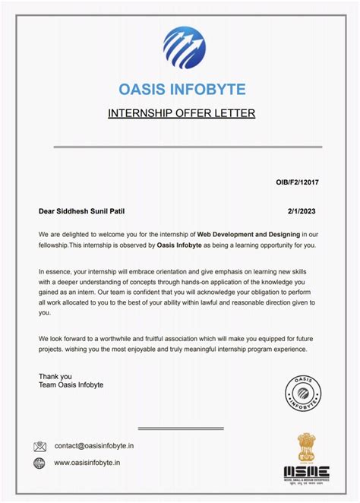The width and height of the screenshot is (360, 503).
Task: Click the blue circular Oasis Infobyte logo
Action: click(x=184, y=47)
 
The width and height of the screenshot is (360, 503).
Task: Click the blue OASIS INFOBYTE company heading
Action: click(x=182, y=90)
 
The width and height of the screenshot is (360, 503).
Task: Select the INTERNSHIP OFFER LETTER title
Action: click(x=182, y=114)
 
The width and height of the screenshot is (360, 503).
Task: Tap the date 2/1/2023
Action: click(x=302, y=210)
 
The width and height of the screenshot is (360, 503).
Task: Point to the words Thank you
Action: click(x=55, y=376)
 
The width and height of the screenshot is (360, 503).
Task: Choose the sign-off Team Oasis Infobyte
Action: click(x=71, y=385)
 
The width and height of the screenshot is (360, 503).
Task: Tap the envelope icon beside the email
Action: click(x=40, y=446)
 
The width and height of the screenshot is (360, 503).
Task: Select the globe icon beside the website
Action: click(x=39, y=462)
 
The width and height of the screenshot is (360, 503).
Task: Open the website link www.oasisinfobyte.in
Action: click(x=87, y=462)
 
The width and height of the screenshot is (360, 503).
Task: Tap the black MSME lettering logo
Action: click(x=306, y=472)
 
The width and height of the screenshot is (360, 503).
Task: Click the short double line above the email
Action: click(x=180, y=429)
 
